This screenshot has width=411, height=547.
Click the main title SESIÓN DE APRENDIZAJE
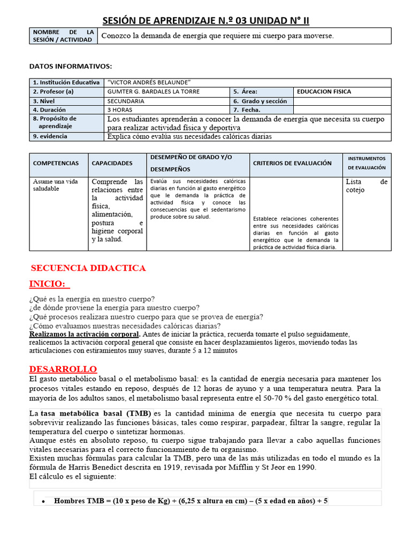205,20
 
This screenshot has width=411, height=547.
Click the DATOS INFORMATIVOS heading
70,66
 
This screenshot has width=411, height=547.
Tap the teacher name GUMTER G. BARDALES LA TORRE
154,92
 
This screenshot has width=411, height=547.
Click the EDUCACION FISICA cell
324,92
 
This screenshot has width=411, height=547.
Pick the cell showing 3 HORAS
120,110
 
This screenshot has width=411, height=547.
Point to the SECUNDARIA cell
126,101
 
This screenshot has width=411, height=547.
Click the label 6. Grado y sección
260,101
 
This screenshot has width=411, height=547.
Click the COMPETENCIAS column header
56,163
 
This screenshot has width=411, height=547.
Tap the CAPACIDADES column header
112,163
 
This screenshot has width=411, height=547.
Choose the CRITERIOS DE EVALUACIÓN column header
292,163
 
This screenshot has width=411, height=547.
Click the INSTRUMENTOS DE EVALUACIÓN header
367,163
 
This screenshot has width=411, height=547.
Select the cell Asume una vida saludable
55,185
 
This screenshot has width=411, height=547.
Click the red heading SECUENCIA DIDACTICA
88,268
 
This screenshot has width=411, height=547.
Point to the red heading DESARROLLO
63,369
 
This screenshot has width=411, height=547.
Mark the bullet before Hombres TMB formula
43,502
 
